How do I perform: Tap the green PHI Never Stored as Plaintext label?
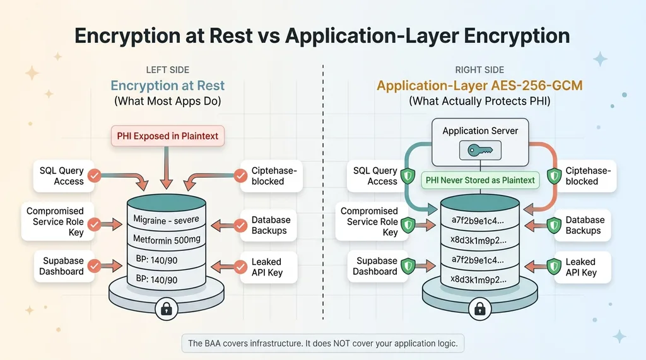(x=480, y=180)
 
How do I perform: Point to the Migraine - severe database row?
(x=166, y=219)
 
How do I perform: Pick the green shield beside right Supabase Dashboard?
(x=409, y=266)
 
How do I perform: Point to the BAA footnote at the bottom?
(x=322, y=344)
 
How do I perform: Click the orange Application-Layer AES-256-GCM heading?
(x=480, y=86)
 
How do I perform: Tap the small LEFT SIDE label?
(x=167, y=70)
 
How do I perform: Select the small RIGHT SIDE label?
(x=480, y=70)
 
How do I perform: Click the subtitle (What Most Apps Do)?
(x=167, y=101)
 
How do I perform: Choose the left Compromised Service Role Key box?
(x=55, y=221)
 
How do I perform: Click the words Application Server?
(x=480, y=131)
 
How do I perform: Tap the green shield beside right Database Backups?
(x=554, y=225)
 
